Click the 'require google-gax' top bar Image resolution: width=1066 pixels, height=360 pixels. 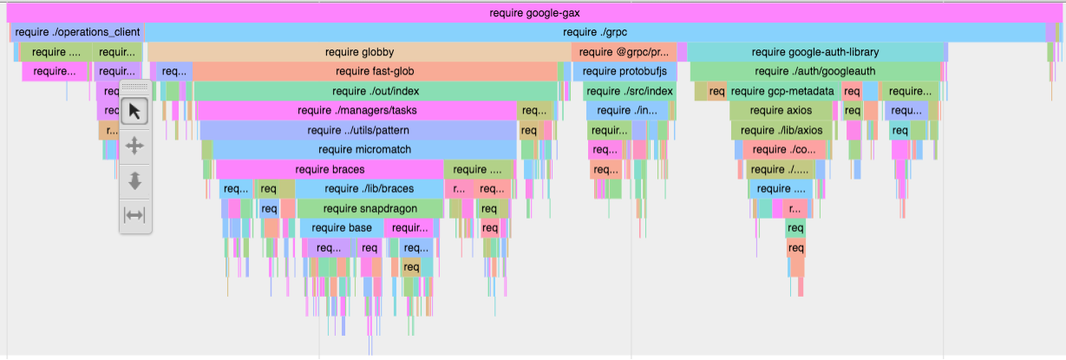click(x=534, y=13)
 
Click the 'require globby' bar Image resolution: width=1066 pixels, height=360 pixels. click(x=359, y=52)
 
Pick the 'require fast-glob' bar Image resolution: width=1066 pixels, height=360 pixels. click(x=375, y=71)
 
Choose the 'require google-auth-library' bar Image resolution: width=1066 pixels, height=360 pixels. click(x=814, y=52)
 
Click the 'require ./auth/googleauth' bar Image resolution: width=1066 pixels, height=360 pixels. click(x=814, y=71)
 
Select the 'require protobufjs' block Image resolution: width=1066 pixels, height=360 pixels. click(x=625, y=71)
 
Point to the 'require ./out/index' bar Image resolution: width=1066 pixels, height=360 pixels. click(x=376, y=91)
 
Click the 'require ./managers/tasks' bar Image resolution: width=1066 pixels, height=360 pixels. click(x=356, y=110)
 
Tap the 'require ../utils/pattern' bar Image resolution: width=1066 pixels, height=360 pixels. click(x=357, y=130)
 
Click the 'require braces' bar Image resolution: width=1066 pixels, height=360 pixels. click(x=330, y=169)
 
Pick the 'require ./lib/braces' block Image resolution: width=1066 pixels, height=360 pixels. click(x=369, y=188)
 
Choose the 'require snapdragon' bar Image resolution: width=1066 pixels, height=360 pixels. click(x=370, y=208)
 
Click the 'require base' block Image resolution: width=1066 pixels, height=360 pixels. click(x=342, y=227)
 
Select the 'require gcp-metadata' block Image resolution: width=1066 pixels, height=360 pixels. click(x=782, y=91)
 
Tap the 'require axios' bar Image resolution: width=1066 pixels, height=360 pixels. click(x=781, y=110)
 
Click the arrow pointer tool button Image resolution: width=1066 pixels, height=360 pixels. click(x=134, y=112)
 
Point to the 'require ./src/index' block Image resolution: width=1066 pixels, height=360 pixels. click(x=629, y=91)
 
